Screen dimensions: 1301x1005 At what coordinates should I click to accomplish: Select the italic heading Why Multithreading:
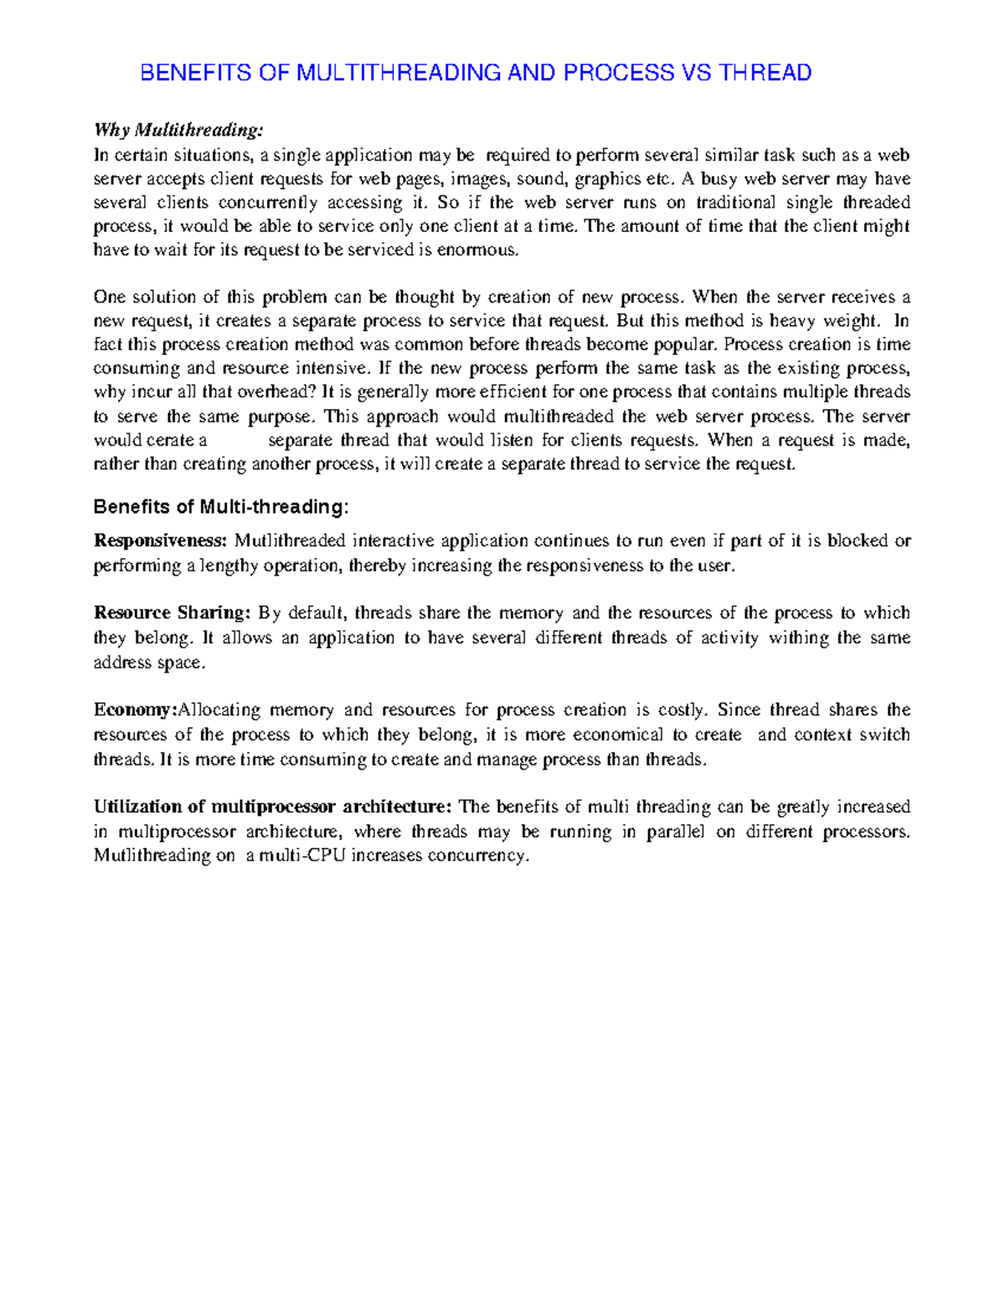(178, 130)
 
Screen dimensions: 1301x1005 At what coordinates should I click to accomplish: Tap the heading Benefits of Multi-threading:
(220, 507)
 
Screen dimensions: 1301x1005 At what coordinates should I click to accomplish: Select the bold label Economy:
(135, 710)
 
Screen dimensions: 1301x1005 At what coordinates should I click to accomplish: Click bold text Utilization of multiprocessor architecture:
(273, 807)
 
